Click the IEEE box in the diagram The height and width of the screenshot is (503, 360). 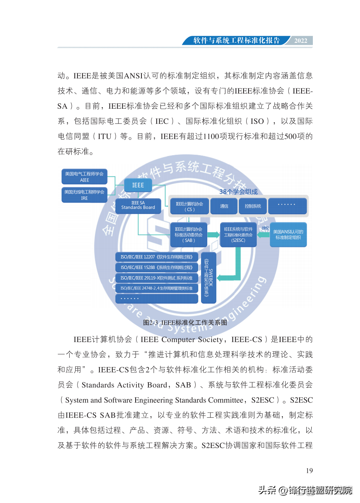pyautogui.click(x=138, y=185)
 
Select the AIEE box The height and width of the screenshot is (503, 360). pyautogui.click(x=85, y=177)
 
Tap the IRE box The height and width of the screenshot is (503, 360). pyautogui.click(x=85, y=195)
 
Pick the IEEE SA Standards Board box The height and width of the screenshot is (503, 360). pyautogui.click(x=138, y=205)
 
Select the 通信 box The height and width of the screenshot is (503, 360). pyautogui.click(x=224, y=206)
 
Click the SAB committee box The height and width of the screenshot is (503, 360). pyautogui.click(x=189, y=235)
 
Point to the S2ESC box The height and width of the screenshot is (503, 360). pyautogui.click(x=238, y=235)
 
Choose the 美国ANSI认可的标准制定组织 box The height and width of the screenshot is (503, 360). pyautogui.click(x=288, y=235)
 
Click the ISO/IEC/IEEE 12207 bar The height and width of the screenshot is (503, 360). pyautogui.click(x=157, y=257)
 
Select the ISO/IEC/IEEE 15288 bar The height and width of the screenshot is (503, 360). pyautogui.click(x=157, y=268)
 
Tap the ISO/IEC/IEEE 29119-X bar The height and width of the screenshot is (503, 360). pyautogui.click(x=157, y=278)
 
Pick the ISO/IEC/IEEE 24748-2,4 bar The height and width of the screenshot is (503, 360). pyautogui.click(x=157, y=288)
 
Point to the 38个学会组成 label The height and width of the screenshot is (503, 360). pyautogui.click(x=238, y=192)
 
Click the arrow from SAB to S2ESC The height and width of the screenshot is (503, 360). pyautogui.click(x=213, y=235)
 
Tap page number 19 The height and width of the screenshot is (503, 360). pyautogui.click(x=309, y=471)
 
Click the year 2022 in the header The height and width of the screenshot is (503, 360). pyautogui.click(x=301, y=41)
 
